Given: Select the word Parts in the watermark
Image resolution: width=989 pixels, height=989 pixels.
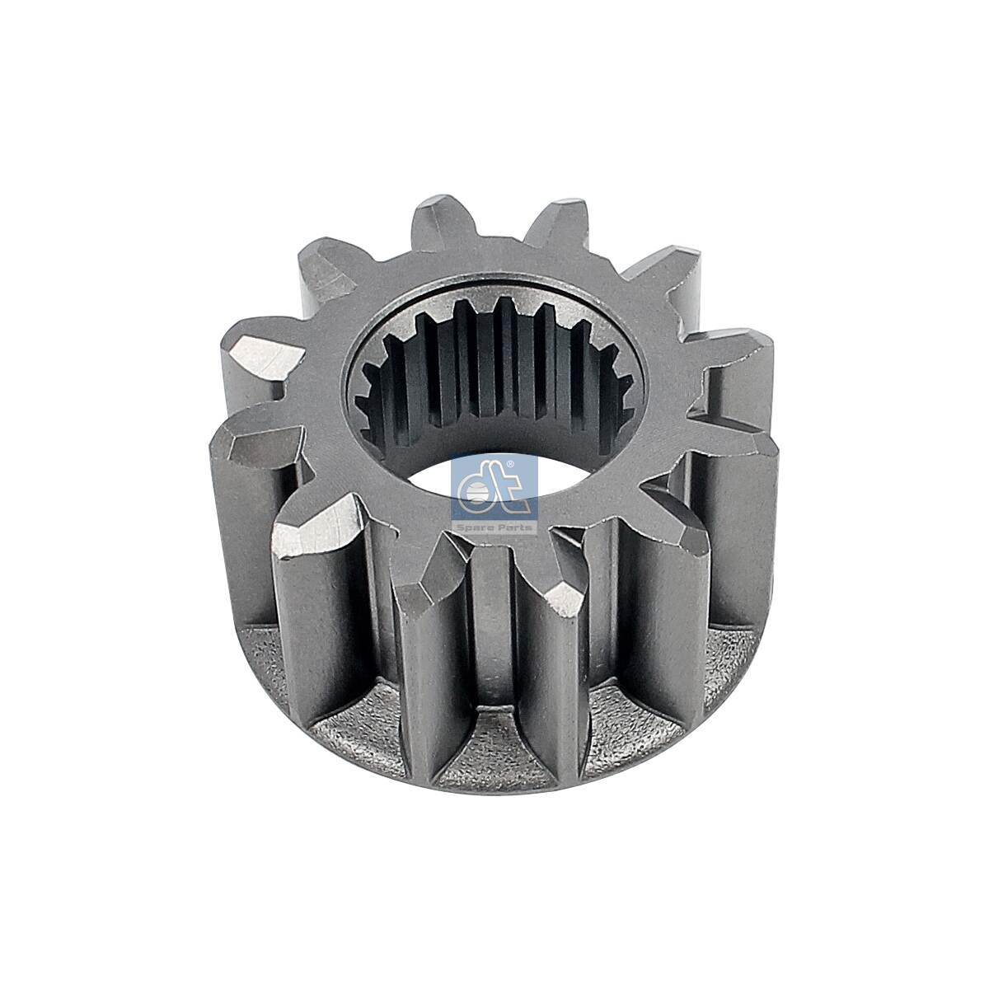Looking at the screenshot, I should pos(513,526).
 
